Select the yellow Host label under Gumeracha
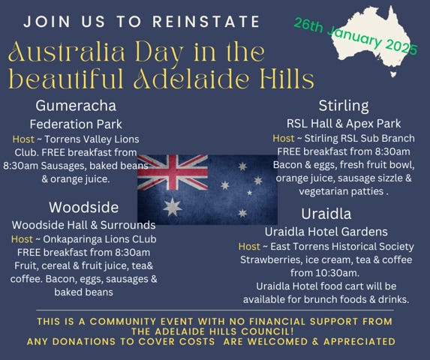23,139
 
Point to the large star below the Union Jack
172,206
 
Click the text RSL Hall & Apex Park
344,123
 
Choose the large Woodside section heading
83,206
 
